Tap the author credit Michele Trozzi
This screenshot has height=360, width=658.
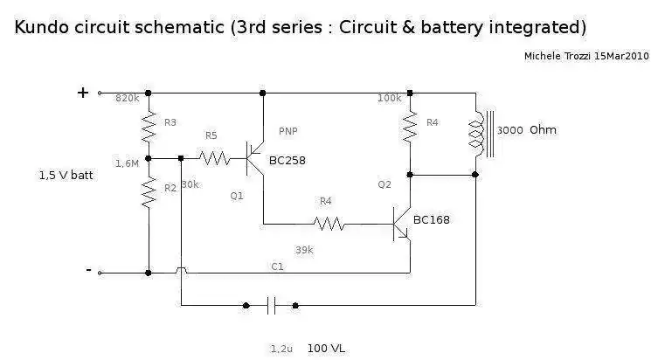[x=558, y=56]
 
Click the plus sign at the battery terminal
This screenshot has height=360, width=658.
[x=83, y=93]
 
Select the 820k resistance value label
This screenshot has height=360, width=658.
[x=128, y=98]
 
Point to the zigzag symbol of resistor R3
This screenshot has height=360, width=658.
[x=149, y=127]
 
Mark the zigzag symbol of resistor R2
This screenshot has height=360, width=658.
[x=149, y=191]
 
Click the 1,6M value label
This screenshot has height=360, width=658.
[x=128, y=163]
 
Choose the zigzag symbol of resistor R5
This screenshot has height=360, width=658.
[x=214, y=158]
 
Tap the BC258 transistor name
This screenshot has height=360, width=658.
[x=287, y=161]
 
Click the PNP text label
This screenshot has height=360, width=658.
[x=287, y=131]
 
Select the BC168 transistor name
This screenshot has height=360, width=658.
[x=432, y=220]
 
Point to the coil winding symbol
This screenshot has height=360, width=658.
[x=476, y=135]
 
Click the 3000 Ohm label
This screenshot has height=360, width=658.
[x=527, y=130]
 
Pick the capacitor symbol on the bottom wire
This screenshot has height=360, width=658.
[x=271, y=306]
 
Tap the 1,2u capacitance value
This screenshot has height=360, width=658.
[x=281, y=350]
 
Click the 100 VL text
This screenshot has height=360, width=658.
[x=326, y=349]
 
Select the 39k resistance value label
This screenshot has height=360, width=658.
[x=304, y=251]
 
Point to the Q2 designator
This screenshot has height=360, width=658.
[x=384, y=184]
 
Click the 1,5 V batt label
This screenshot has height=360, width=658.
[x=66, y=176]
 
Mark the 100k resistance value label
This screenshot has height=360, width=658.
[x=390, y=98]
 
